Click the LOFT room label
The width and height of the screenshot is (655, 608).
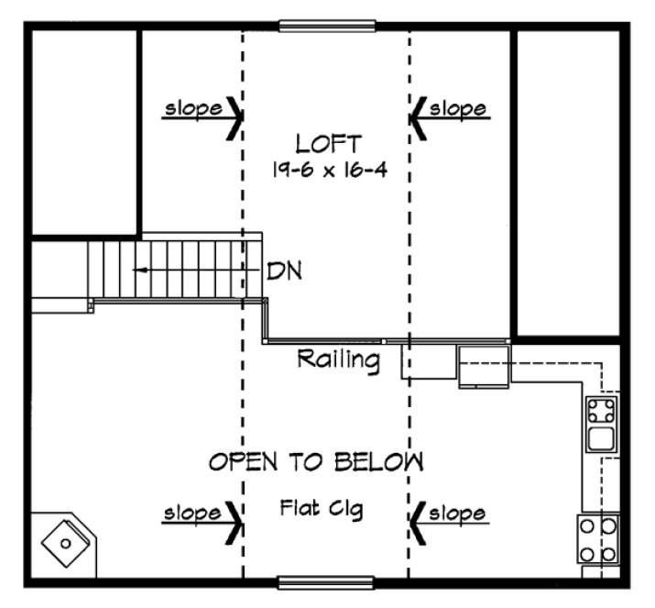click(x=328, y=143)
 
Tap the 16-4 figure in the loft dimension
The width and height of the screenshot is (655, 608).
click(x=363, y=170)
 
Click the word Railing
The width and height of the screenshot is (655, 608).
click(x=338, y=360)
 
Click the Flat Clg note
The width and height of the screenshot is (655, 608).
click(x=321, y=508)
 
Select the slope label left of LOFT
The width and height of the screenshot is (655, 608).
click(x=192, y=109)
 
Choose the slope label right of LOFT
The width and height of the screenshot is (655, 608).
click(x=457, y=109)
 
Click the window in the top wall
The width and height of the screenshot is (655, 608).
click(x=327, y=25)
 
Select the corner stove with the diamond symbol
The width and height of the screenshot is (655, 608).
click(x=65, y=544)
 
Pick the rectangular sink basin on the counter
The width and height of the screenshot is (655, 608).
click(x=602, y=438)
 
